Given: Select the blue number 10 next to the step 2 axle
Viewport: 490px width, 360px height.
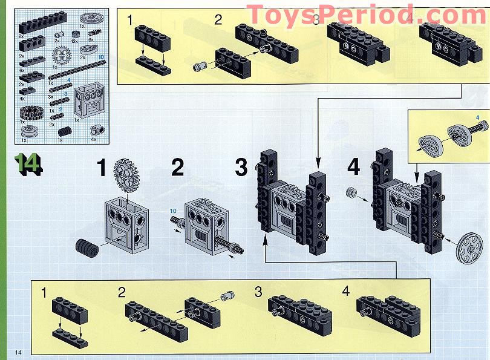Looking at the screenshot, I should tap(173, 210).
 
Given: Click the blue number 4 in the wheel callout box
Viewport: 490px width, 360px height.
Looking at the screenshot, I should tap(477, 117).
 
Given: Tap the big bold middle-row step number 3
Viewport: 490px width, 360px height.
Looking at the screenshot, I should tap(241, 168).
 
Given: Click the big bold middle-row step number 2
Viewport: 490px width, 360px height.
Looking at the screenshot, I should tap(177, 168).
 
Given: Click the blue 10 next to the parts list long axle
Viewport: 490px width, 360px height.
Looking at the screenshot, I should tap(101, 56).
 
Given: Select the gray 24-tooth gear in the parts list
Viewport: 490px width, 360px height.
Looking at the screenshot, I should tap(62, 59).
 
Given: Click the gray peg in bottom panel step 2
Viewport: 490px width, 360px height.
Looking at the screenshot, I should tap(229, 296).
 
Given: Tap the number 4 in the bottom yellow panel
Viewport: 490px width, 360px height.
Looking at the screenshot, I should tap(345, 291).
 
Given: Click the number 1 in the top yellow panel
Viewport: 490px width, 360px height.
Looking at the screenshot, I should tap(130, 19).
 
